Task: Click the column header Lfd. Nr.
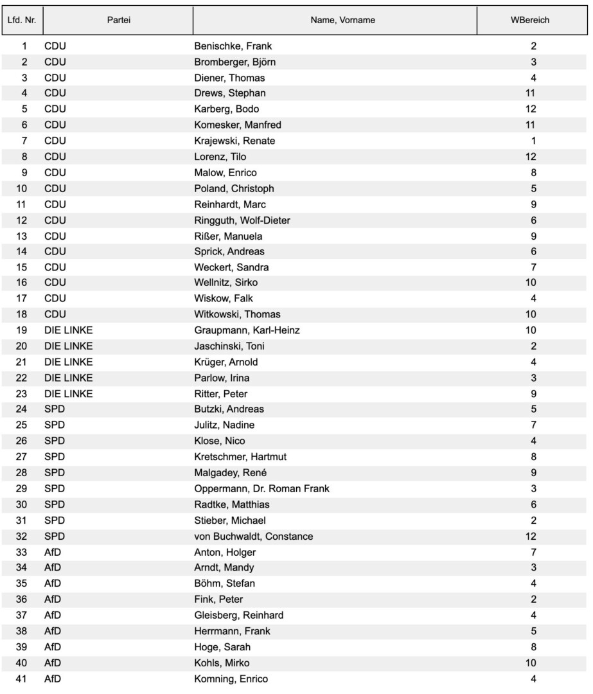(x=22, y=21)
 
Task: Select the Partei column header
(x=119, y=21)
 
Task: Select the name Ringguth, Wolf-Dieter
(x=242, y=220)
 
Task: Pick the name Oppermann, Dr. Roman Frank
(x=261, y=489)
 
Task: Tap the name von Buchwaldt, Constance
(x=254, y=537)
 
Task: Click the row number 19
(x=24, y=331)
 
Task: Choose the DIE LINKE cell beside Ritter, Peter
(x=68, y=394)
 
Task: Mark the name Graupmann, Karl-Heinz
(x=247, y=331)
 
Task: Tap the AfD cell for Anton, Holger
(x=52, y=552)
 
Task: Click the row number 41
(x=24, y=679)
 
